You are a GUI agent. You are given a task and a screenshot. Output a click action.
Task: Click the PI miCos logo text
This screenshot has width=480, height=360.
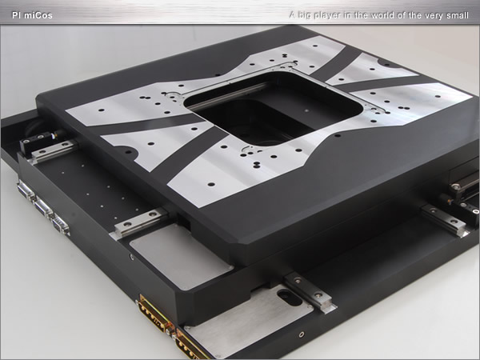click(x=32, y=15)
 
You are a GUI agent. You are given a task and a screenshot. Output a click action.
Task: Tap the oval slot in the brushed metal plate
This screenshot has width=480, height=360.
click(x=290, y=296)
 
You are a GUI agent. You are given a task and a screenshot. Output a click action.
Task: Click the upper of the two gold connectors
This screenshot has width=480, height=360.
click(x=154, y=312)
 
